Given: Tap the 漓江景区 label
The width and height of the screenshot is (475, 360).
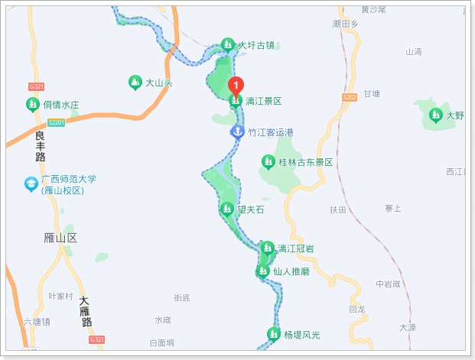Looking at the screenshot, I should [x=264, y=101].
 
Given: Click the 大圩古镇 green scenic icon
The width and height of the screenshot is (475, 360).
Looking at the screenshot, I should [x=227, y=44].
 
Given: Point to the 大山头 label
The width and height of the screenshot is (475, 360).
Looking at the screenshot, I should [x=159, y=82].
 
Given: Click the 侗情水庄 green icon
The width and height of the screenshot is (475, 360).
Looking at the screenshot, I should [x=32, y=104].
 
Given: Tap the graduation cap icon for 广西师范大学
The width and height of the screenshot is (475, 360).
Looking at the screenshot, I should [x=31, y=184].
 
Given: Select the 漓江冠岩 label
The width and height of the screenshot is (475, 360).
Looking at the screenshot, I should [x=295, y=248].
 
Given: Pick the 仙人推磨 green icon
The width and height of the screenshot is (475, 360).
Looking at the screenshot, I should [x=262, y=271].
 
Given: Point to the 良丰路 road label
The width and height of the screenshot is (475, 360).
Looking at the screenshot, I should [x=41, y=146].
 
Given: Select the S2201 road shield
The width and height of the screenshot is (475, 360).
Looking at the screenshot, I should [x=56, y=122].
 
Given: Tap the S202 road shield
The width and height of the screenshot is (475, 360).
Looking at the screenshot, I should [x=350, y=97].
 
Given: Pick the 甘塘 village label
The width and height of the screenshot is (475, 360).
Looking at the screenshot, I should [x=371, y=93].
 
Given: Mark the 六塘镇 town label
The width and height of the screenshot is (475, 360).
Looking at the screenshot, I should [x=37, y=322].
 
